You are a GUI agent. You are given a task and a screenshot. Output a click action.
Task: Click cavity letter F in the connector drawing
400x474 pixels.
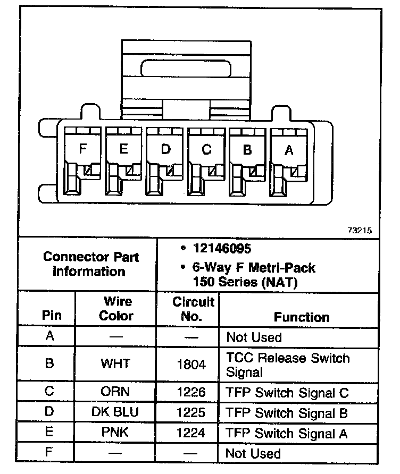(x=82, y=149)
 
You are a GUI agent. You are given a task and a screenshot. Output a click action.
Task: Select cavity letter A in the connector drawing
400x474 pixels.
(x=289, y=150)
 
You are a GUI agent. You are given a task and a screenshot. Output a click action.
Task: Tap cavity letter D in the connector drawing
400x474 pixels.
(x=165, y=149)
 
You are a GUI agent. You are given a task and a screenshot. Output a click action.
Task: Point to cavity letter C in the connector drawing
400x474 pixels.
(x=206, y=150)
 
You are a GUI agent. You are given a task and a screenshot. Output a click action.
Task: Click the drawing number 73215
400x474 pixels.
(x=360, y=231)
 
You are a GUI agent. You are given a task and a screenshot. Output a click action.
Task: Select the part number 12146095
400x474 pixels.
(x=223, y=249)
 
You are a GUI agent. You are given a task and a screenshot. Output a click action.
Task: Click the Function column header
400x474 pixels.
(x=302, y=317)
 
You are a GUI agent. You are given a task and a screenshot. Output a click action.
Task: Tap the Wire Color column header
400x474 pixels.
(x=117, y=309)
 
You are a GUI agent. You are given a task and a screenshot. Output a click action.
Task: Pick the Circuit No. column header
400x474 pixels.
(x=193, y=309)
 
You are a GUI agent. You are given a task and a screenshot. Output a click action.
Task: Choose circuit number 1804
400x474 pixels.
(x=190, y=364)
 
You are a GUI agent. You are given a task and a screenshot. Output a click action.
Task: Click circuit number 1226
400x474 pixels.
(x=190, y=393)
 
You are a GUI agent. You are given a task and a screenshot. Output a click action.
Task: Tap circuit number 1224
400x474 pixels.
(x=190, y=433)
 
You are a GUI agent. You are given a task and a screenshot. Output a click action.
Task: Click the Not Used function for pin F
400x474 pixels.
(x=253, y=453)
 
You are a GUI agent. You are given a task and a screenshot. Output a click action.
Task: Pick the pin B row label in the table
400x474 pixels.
(x=49, y=364)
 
